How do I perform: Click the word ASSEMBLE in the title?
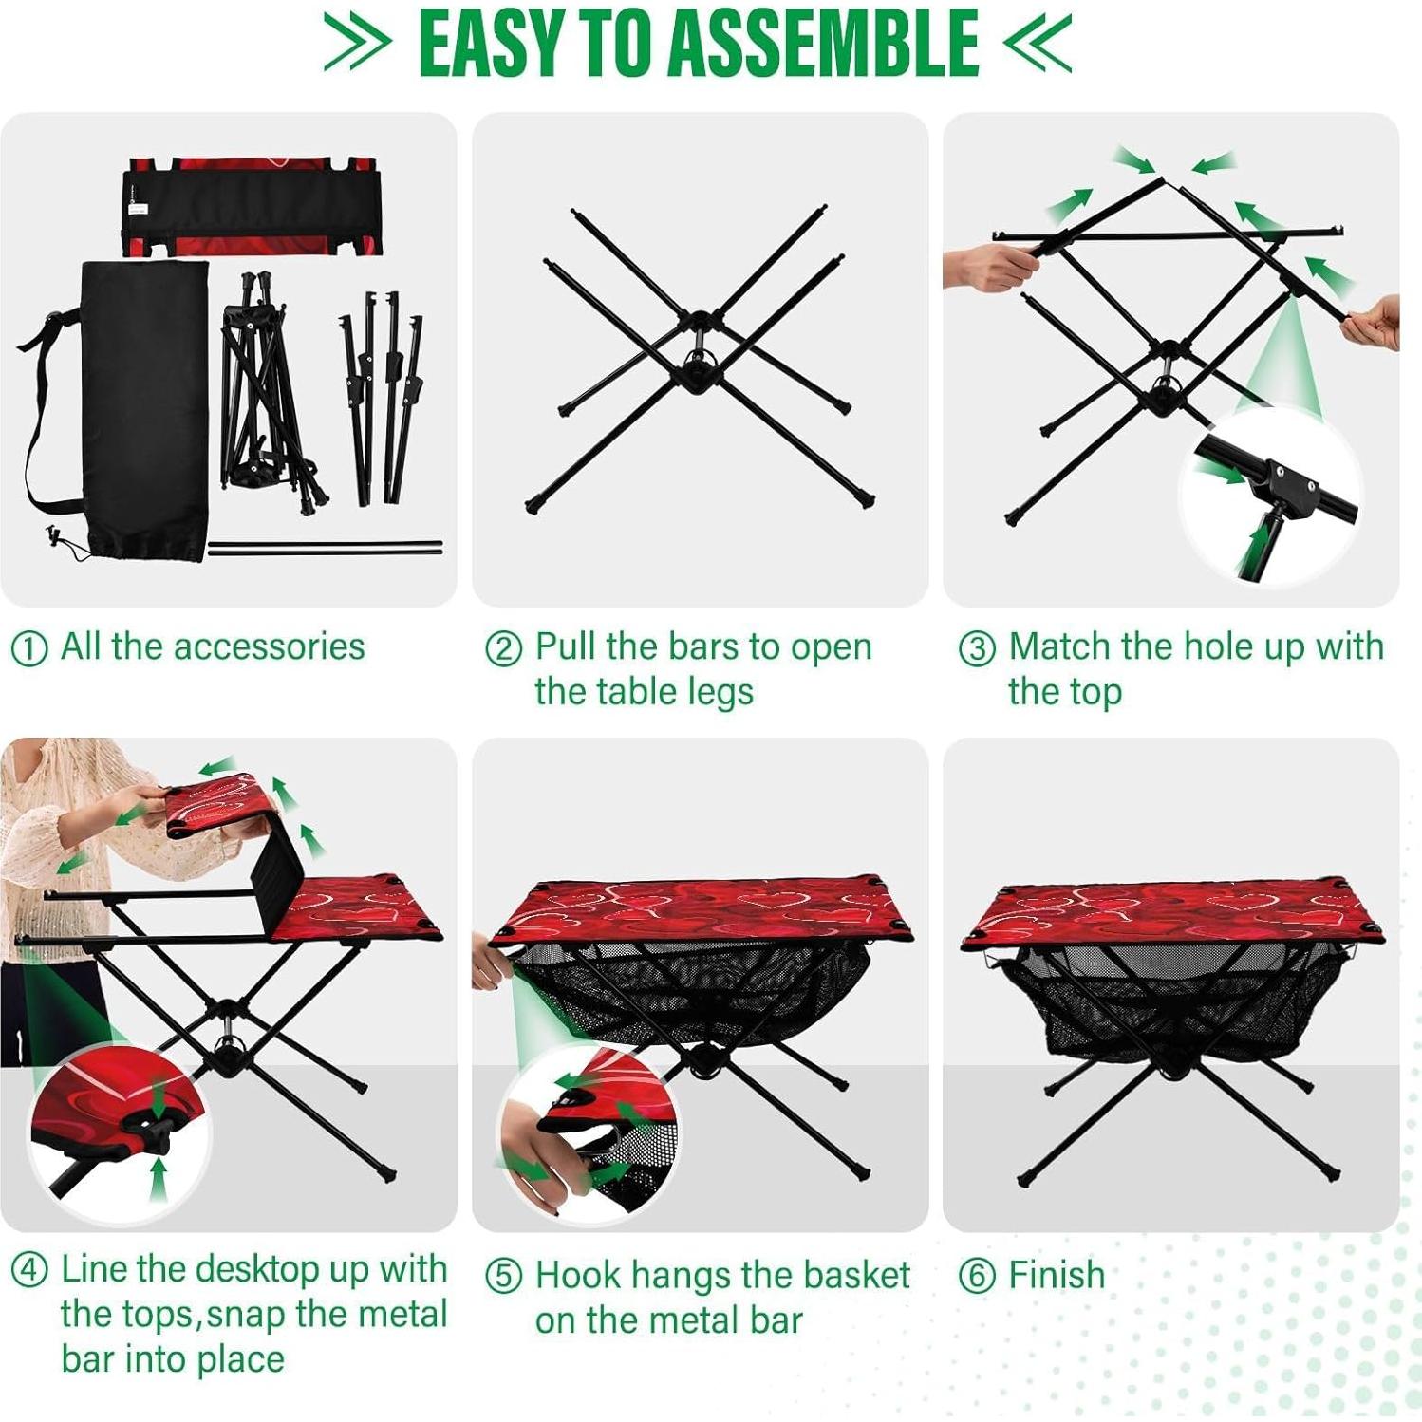823,44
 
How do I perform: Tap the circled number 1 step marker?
28,649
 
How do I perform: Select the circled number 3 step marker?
977,649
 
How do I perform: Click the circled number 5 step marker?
503,1277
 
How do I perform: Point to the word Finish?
1057,1275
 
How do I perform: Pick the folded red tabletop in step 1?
254,207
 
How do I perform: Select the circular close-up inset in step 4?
119,1130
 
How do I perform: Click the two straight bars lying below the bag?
325,548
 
